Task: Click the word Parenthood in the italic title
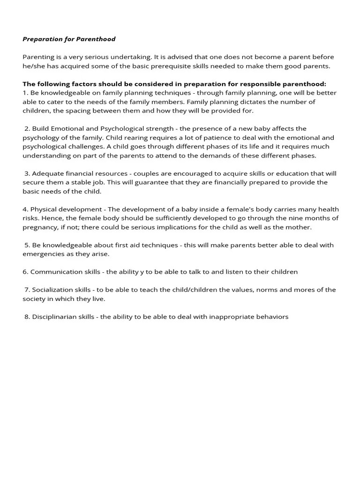96,39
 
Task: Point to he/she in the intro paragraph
33,66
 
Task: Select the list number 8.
27,317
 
